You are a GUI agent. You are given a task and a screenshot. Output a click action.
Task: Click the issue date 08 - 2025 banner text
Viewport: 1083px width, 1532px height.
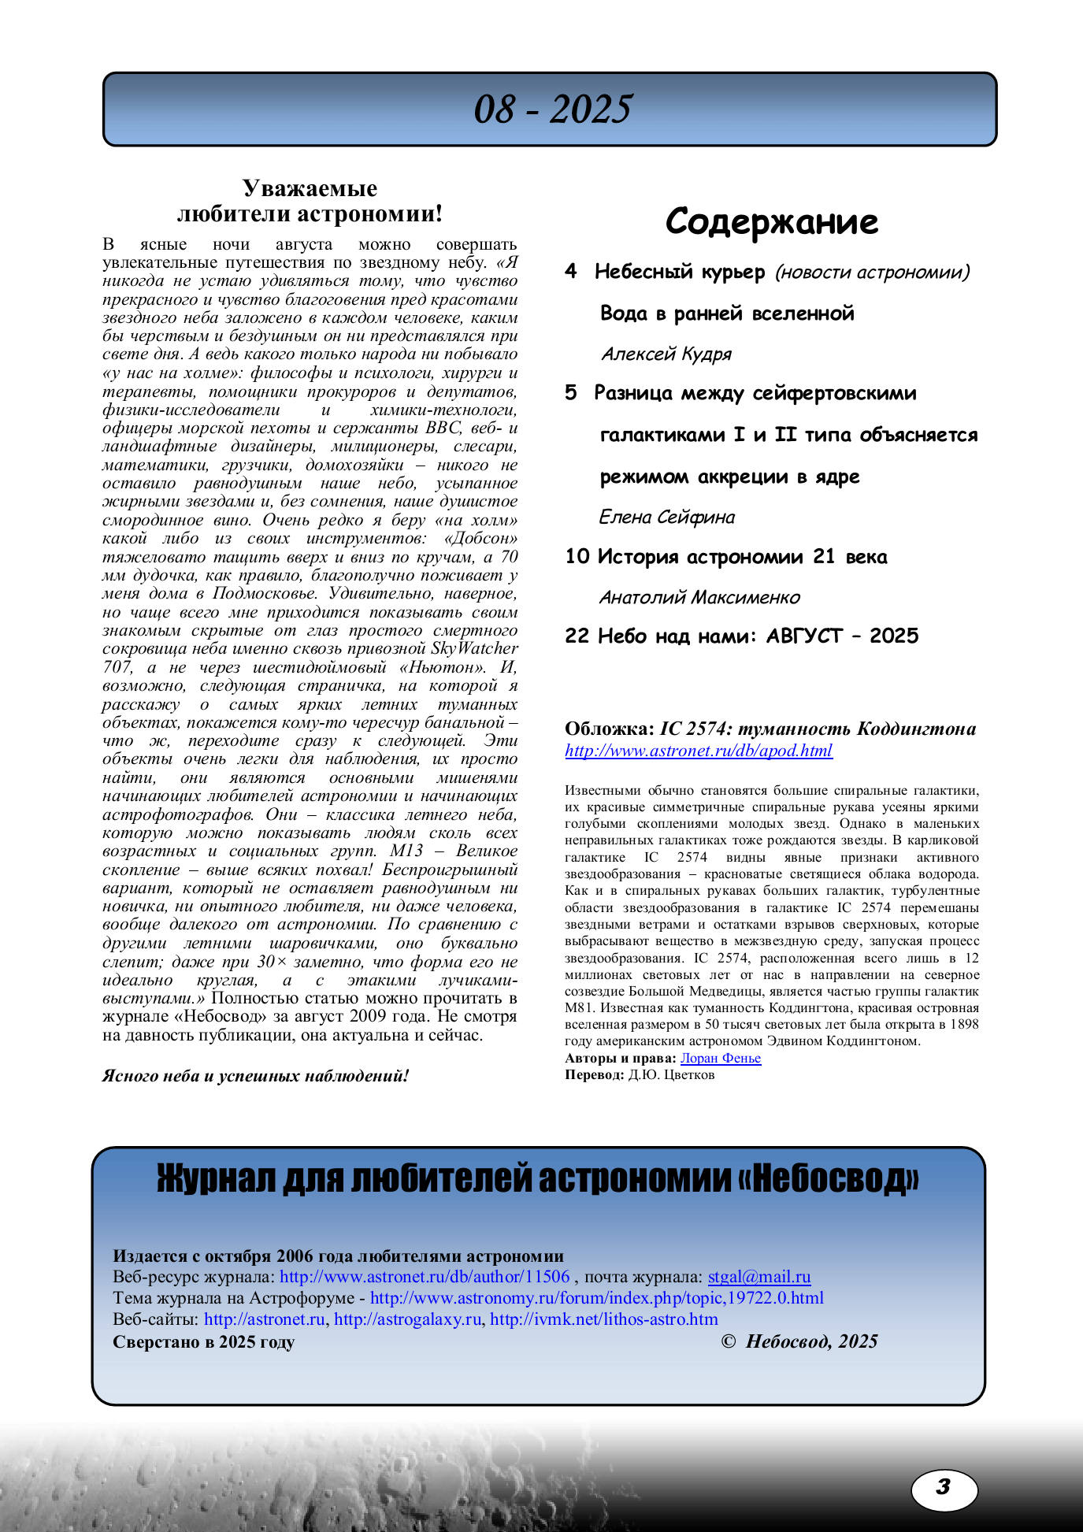coord(552,109)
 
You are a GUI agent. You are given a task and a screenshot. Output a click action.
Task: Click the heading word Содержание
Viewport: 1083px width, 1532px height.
coord(771,221)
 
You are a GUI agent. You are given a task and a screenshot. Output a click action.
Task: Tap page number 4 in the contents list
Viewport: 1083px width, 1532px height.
coord(571,272)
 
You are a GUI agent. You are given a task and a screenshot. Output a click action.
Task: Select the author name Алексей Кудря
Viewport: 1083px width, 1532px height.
coord(666,354)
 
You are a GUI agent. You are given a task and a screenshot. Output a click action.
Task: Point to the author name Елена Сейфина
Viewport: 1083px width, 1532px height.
coord(666,517)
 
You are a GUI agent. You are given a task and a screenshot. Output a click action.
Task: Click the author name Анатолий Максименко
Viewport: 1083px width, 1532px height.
coord(699,598)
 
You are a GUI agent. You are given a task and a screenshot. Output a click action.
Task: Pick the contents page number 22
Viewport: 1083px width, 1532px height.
coord(577,636)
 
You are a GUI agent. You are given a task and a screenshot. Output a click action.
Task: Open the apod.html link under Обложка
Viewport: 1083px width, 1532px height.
coord(699,751)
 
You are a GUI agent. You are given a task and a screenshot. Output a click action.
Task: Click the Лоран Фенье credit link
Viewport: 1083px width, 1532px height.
coord(720,1059)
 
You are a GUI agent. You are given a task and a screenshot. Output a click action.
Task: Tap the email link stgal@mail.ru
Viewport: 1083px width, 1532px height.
coord(758,1277)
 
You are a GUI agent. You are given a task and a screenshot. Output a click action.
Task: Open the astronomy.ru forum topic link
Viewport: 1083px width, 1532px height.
coord(596,1298)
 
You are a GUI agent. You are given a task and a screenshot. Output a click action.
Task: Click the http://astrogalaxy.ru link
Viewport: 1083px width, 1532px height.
coord(407,1319)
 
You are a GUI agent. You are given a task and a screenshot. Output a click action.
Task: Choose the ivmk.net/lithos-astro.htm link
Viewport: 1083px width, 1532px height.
coord(603,1319)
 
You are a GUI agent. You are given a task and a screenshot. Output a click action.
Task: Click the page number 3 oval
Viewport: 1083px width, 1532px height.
coord(944,1487)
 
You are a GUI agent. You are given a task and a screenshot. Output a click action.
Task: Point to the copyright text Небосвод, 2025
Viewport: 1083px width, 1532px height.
coord(810,1341)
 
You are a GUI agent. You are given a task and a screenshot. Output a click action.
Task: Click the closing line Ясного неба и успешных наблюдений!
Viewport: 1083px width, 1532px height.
coord(255,1076)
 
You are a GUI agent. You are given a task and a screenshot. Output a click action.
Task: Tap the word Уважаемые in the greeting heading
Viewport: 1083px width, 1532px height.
coord(310,188)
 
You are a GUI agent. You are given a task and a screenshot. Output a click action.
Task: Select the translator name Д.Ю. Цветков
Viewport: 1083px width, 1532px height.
coord(671,1075)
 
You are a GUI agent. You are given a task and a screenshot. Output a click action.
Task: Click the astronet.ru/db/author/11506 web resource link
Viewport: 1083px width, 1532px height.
coord(424,1277)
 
